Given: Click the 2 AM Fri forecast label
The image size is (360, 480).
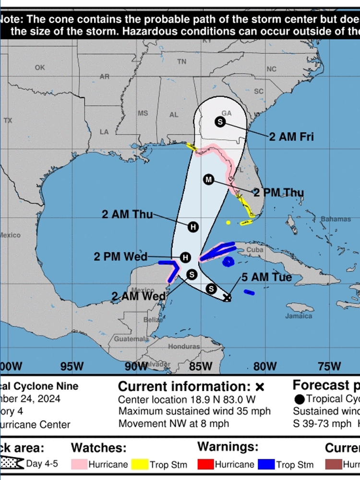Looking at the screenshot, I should (x=291, y=137).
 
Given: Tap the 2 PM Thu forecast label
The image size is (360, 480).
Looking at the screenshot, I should (x=278, y=192).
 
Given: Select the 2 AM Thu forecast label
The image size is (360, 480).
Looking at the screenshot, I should (x=127, y=214).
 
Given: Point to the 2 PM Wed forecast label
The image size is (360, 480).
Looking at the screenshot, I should (x=120, y=257).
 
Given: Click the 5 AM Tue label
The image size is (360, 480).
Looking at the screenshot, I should (x=266, y=277).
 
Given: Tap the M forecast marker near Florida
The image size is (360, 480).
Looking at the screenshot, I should (x=208, y=180).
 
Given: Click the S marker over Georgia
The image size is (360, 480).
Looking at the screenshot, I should (x=220, y=122).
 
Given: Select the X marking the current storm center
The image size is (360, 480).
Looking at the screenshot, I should (x=228, y=298).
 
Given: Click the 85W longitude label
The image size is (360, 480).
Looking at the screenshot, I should (x=201, y=366).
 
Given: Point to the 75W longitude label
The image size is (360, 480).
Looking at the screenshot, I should (x=330, y=366).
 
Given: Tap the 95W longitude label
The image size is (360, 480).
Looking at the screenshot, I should (x=72, y=366).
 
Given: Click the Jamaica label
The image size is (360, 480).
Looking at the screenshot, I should (x=299, y=316).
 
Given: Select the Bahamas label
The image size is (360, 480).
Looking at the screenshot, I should (x=336, y=219).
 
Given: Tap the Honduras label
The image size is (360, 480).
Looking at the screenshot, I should (x=184, y=347).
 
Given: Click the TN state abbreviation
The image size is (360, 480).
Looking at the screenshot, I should (x=181, y=61).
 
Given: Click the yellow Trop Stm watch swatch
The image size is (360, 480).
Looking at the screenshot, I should (x=140, y=464).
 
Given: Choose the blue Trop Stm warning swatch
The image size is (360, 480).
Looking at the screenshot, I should (x=265, y=464).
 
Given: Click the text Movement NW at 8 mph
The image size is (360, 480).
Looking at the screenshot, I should (x=173, y=424).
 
